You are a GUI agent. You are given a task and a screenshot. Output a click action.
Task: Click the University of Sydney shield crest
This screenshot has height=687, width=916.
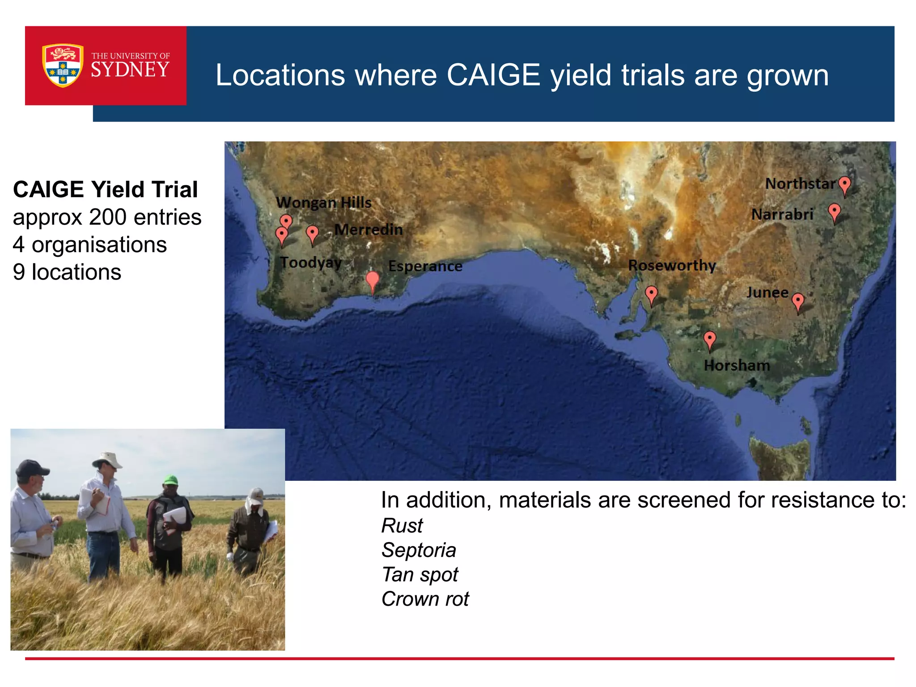[x=63, y=65]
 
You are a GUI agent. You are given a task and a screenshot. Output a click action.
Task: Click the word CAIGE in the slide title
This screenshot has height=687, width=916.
[x=493, y=75]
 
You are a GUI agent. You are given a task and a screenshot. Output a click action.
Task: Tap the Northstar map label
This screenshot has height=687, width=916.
[x=800, y=183]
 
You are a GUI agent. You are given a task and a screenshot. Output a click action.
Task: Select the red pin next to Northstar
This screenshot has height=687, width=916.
[x=844, y=185]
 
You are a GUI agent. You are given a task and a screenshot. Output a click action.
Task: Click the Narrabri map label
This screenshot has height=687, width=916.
[x=782, y=214]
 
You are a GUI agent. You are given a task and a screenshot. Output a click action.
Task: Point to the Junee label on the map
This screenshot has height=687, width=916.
[x=767, y=293]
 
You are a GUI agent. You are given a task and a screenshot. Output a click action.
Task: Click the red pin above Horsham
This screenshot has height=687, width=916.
[x=709, y=339]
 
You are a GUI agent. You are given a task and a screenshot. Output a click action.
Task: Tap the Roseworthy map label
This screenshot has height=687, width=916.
[x=672, y=265]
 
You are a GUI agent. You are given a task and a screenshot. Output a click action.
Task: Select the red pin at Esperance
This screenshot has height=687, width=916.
[x=372, y=280]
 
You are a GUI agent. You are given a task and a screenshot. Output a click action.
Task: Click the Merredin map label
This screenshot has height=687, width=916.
[x=369, y=229]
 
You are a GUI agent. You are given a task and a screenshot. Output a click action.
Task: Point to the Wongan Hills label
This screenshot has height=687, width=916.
[x=323, y=203]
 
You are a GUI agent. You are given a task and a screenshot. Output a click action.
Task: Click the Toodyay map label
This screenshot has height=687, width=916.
[x=311, y=262]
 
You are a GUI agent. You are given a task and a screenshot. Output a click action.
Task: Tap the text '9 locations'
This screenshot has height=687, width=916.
[x=67, y=272]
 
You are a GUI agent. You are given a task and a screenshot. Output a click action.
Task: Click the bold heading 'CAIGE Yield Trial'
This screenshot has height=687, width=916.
[x=106, y=189]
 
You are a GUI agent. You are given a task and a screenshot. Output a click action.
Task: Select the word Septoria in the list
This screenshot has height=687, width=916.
[x=419, y=550]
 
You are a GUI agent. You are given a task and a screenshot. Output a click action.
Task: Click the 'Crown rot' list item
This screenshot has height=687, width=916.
[x=425, y=599]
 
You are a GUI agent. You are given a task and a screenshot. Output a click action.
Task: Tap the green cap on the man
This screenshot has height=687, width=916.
[x=170, y=480]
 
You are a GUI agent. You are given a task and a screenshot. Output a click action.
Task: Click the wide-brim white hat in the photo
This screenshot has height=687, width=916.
[x=107, y=460]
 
